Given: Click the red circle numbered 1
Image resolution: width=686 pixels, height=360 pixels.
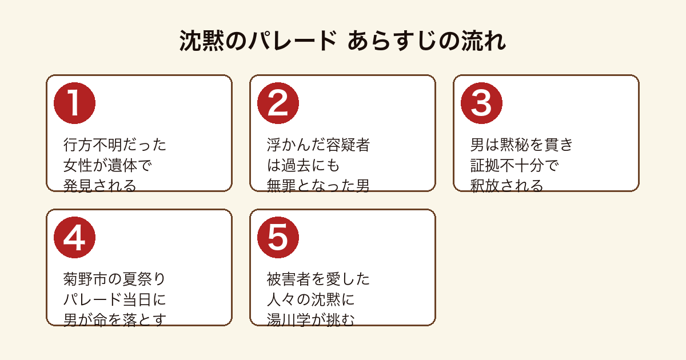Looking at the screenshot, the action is (x=74, y=103).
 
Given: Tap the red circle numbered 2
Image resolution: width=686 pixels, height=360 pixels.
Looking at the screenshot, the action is (x=278, y=103).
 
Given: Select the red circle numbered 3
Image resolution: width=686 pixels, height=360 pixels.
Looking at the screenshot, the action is (x=481, y=103).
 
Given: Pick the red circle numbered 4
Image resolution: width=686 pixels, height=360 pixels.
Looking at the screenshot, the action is (x=74, y=238).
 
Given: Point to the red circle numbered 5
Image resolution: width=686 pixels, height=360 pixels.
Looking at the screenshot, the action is (x=278, y=238).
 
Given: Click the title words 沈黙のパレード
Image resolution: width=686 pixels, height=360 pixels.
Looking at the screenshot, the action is (x=258, y=41).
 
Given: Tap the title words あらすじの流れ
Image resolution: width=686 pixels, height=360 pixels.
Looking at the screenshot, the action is (x=426, y=41).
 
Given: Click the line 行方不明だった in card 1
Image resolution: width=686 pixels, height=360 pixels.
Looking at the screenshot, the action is (x=115, y=145).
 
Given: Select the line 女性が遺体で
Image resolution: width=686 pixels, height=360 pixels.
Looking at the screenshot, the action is (x=107, y=165).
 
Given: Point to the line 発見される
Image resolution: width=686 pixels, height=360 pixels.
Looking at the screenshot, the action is (x=100, y=186).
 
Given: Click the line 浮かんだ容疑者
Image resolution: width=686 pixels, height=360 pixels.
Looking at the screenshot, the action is (x=318, y=145).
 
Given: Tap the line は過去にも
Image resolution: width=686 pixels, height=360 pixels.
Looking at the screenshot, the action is (x=303, y=165).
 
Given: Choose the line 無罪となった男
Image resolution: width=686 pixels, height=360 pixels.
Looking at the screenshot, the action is (x=318, y=186).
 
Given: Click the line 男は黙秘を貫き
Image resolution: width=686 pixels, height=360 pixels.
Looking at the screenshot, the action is (x=521, y=145).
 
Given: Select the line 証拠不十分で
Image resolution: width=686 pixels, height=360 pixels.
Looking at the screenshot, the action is (x=514, y=165).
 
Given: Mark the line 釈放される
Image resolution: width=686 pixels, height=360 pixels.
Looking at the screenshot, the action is (x=506, y=186).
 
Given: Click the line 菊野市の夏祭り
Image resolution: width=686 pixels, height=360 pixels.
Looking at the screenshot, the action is (x=114, y=279).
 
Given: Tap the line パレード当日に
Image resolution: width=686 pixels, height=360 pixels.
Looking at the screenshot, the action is (x=114, y=299).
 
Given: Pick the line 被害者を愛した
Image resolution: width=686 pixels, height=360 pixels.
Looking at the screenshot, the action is (x=318, y=279).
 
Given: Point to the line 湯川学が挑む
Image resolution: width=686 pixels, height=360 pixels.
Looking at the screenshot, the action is (x=311, y=320).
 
